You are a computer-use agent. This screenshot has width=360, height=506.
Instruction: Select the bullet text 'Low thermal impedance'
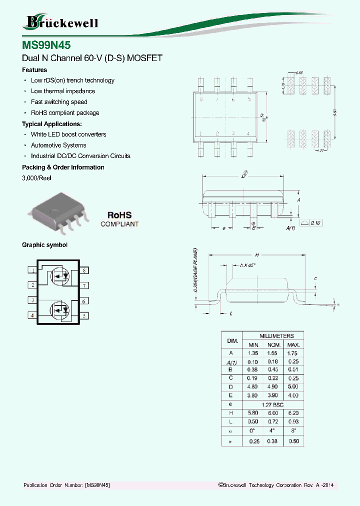coord(62,91)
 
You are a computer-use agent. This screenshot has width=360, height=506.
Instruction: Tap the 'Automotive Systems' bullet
coord(58,145)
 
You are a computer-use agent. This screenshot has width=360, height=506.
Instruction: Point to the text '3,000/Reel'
coord(36,178)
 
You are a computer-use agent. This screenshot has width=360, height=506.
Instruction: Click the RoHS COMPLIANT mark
coord(119,219)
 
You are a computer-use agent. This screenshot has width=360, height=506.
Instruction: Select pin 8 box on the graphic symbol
coord(84,270)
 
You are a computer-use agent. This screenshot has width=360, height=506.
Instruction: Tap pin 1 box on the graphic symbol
coord(32,270)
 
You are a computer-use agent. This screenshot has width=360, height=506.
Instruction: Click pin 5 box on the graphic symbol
coord(84,315)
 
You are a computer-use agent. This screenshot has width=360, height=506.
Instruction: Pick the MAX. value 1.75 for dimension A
coord(293,353)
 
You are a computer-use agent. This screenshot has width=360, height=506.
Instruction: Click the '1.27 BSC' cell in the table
coord(272,404)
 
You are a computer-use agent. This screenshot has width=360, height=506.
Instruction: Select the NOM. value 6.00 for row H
coord(272,412)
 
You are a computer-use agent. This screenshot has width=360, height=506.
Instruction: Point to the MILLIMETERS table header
coord(272,336)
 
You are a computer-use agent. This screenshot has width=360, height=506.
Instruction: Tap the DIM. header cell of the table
coord(232,340)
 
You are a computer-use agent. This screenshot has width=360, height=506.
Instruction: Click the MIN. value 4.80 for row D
coord(252,387)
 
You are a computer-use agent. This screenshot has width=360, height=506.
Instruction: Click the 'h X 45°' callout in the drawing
coord(247,265)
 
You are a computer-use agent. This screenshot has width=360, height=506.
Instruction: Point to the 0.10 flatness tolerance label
coord(317,222)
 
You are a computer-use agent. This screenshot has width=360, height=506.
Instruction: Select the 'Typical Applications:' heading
coord(52,123)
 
